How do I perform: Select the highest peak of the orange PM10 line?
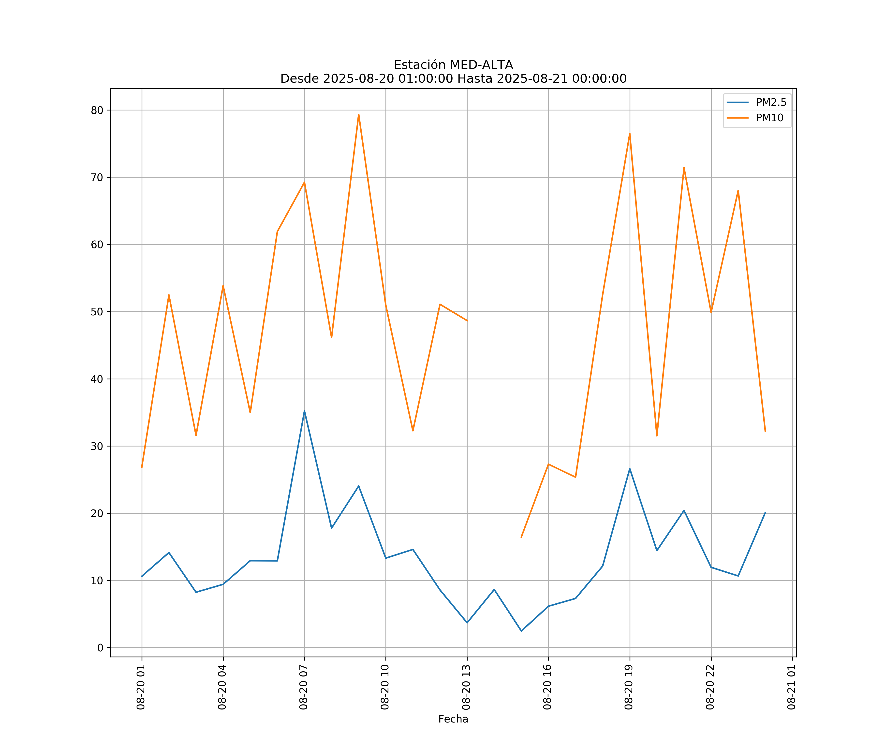pyautogui.click(x=359, y=114)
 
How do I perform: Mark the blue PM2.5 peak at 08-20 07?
pyautogui.click(x=304, y=411)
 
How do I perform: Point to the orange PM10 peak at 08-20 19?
pyautogui.click(x=630, y=134)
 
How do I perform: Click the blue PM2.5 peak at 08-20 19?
pyautogui.click(x=630, y=469)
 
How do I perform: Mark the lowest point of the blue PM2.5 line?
pyautogui.click(x=521, y=631)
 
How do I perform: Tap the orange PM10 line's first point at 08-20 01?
pyautogui.click(x=142, y=467)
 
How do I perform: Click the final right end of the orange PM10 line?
pyautogui.click(x=765, y=431)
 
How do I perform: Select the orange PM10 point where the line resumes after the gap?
pyautogui.click(x=521, y=537)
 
